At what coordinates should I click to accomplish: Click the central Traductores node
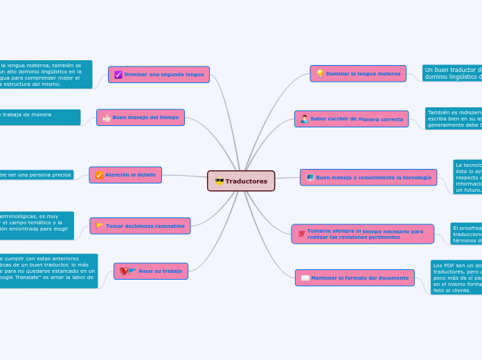[241, 181]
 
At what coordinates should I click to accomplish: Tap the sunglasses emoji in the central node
[220, 181]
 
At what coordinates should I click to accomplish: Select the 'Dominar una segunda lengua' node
[159, 74]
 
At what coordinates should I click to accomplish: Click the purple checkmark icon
[118, 75]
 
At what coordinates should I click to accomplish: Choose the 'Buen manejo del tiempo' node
[140, 118]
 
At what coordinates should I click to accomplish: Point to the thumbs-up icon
[106, 118]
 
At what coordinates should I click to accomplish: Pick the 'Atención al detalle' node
[125, 175]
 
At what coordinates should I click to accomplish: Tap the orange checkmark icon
[99, 175]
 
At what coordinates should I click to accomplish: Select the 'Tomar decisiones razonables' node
[140, 226]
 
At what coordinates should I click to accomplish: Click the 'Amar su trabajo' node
[150, 271]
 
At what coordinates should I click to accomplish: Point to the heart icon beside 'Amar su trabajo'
[123, 271]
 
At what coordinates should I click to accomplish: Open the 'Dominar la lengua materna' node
[358, 73]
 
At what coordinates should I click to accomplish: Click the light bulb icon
[320, 73]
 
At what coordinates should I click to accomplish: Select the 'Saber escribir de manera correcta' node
[351, 119]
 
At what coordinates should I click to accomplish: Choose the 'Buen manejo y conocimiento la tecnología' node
[368, 177]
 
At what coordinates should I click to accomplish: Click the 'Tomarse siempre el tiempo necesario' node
[363, 234]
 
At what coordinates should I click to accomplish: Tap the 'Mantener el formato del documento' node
[354, 278]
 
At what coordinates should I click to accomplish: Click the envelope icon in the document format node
[305, 278]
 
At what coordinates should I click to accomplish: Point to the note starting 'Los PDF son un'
[456, 278]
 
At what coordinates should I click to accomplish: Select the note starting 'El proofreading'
[465, 234]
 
